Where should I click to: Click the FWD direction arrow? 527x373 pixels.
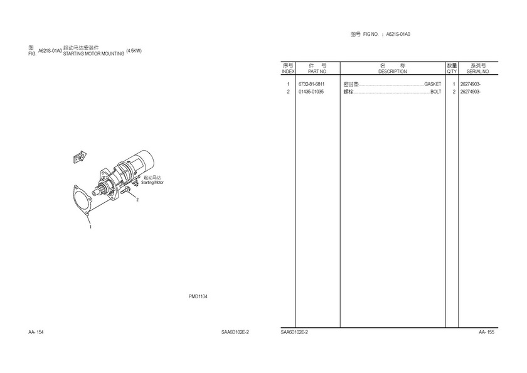pyautogui.click(x=80, y=157)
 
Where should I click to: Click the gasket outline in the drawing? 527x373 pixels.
pyautogui.click(x=74, y=198)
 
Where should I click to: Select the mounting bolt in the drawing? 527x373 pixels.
pyautogui.click(x=125, y=190)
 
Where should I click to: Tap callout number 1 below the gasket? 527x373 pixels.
pyautogui.click(x=90, y=227)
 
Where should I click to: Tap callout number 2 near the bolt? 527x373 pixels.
pyautogui.click(x=137, y=200)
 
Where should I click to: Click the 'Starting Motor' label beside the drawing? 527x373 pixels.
pyautogui.click(x=152, y=182)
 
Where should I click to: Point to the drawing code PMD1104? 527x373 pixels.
pyautogui.click(x=198, y=296)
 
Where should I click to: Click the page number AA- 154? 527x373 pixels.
pyautogui.click(x=36, y=332)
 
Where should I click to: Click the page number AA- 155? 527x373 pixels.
pyautogui.click(x=487, y=332)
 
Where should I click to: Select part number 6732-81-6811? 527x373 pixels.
pyautogui.click(x=312, y=84)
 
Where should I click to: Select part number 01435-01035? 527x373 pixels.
pyautogui.click(x=311, y=92)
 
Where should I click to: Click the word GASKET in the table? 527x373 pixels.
pyautogui.click(x=432, y=84)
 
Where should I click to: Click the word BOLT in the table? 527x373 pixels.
pyautogui.click(x=436, y=92)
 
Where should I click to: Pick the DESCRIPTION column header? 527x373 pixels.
pyautogui.click(x=393, y=72)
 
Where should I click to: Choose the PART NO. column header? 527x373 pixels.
pyautogui.click(x=317, y=72)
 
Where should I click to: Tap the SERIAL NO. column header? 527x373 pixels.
pyautogui.click(x=478, y=72)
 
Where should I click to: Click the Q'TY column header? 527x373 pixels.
pyautogui.click(x=452, y=72)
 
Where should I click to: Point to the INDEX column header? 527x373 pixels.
pyautogui.click(x=288, y=72)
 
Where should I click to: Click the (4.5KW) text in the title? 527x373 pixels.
pyautogui.click(x=134, y=51)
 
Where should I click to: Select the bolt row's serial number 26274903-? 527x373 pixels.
pyautogui.click(x=470, y=92)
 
